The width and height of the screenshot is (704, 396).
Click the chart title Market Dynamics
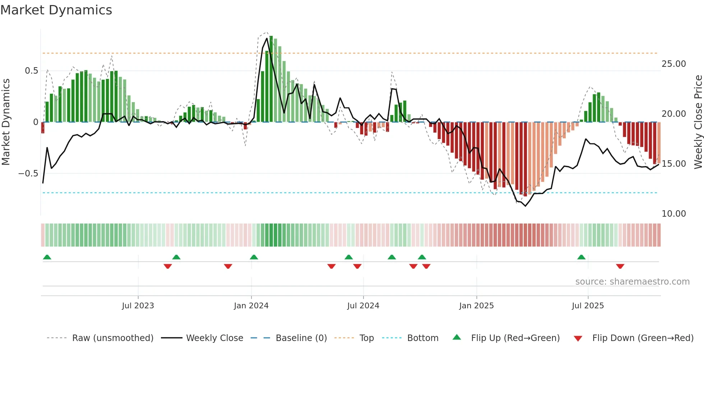click(x=56, y=10)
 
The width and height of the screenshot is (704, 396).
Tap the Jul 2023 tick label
click(x=138, y=306)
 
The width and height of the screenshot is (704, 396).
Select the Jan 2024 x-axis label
click(x=251, y=306)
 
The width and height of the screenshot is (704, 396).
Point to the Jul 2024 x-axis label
click(x=363, y=306)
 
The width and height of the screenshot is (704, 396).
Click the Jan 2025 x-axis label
click(x=476, y=306)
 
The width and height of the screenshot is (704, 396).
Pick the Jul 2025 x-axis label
click(x=588, y=306)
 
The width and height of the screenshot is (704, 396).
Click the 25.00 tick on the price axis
click(x=674, y=64)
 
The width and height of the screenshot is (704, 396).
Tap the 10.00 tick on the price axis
click(x=674, y=214)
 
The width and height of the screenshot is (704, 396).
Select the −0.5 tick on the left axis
click(x=28, y=174)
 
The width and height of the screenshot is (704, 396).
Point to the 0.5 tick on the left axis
click(x=32, y=71)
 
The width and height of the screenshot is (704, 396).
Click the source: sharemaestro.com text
click(x=632, y=282)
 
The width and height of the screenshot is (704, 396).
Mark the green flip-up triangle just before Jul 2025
click(x=581, y=257)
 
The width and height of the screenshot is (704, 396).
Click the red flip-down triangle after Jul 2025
click(x=620, y=266)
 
